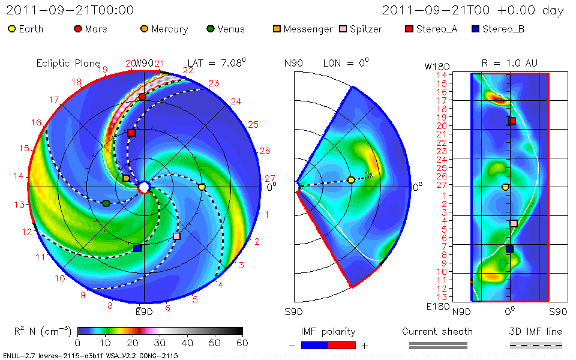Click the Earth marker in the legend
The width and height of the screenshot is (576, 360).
click(12, 29)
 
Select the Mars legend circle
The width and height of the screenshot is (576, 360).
click(77, 29)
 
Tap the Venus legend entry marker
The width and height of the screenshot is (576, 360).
click(210, 29)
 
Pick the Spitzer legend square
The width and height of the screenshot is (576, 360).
click(343, 29)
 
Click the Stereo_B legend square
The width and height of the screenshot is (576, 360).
click(475, 29)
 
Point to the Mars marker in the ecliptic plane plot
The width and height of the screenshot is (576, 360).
click(142, 97)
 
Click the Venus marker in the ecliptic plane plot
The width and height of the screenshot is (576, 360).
click(106, 203)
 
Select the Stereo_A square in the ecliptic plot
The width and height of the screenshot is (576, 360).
click(131, 133)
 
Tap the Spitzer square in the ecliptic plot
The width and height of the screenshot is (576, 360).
click(176, 236)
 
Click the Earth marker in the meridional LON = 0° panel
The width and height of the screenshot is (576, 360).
click(351, 179)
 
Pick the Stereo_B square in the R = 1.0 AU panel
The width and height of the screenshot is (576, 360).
click(509, 249)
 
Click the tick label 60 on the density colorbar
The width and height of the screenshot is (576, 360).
click(242, 343)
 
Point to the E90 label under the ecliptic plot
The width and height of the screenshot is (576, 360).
click(144, 311)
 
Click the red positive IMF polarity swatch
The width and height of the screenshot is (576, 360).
click(342, 345)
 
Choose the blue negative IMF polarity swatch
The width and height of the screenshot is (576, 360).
click(315, 345)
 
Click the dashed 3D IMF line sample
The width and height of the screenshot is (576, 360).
click(536, 345)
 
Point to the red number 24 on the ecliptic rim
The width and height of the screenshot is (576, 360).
click(236, 101)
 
